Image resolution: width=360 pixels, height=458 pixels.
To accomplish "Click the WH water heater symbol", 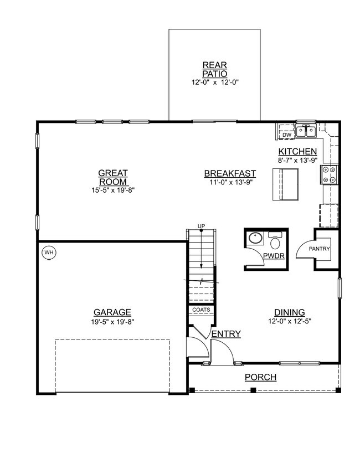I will coord(49,253).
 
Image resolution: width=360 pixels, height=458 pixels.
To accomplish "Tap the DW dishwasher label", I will coord(286,135).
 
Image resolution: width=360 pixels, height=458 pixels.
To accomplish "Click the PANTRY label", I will coord(319,249).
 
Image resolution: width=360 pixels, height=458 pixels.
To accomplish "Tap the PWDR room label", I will coord(274,256).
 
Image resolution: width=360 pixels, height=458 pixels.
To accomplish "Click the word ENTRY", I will coord(226,333).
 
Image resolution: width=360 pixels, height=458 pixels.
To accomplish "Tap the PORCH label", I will coord(261,378).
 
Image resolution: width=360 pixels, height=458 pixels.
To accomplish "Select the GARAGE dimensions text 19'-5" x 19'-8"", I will coord(112,321).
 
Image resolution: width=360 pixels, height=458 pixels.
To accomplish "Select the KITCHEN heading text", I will coord(297,152).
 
